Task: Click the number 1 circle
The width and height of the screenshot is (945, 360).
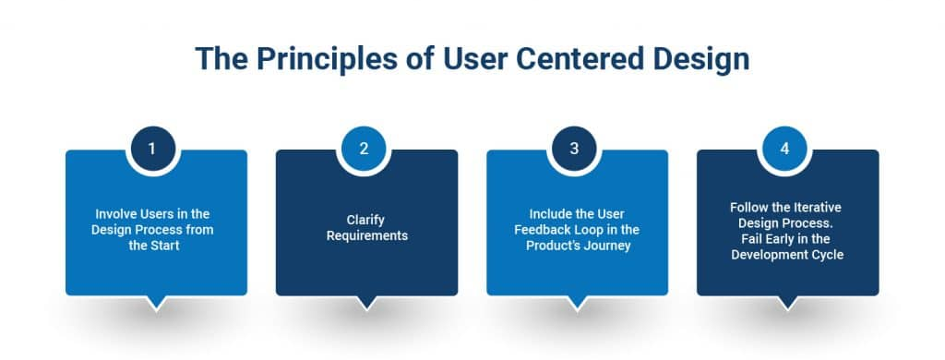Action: [x=153, y=149]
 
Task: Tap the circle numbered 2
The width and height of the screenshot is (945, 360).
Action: [x=364, y=149]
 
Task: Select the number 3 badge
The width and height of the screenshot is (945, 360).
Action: [x=574, y=149]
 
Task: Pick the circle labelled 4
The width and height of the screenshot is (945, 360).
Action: [x=784, y=149]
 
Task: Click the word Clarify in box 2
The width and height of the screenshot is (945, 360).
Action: [x=365, y=220]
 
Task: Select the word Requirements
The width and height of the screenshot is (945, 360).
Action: [x=367, y=235]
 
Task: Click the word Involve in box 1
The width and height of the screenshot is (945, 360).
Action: [x=114, y=214]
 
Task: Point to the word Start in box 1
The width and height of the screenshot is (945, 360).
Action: [x=166, y=246]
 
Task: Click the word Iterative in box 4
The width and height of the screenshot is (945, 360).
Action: [x=819, y=208]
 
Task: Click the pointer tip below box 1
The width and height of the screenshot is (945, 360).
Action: [x=156, y=309]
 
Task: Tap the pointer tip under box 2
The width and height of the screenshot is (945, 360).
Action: [x=366, y=309]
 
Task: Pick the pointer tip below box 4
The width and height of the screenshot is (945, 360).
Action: [x=788, y=309]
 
